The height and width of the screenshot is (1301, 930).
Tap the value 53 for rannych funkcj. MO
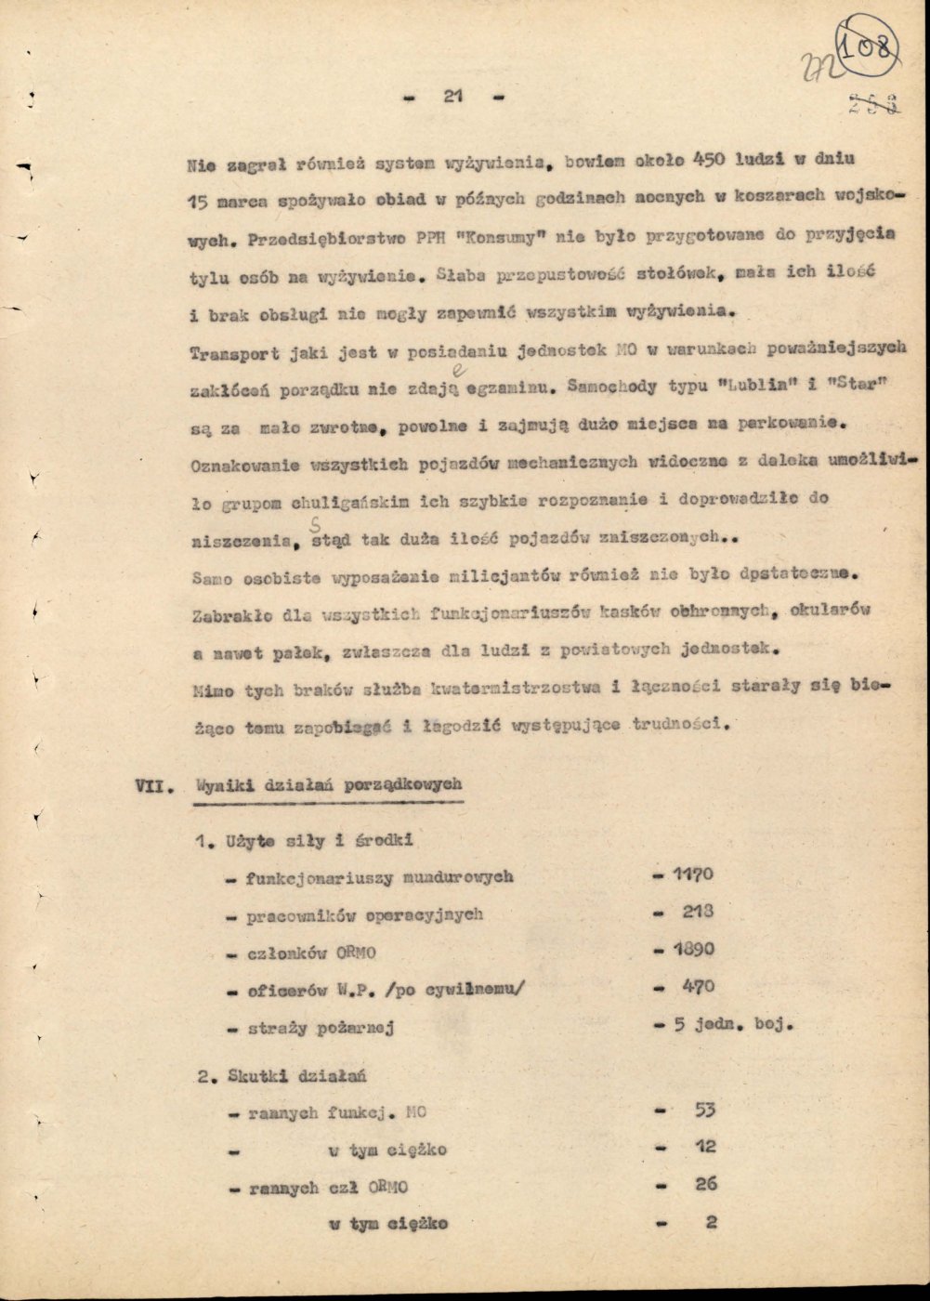coord(706,1110)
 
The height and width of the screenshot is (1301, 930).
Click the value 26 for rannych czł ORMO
coord(706,1185)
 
